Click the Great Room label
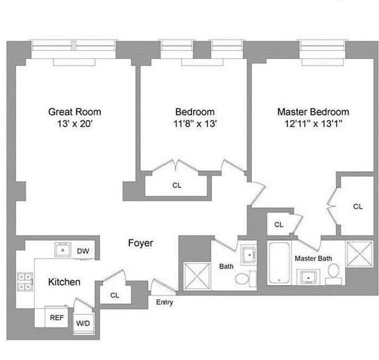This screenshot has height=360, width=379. tap(75, 112)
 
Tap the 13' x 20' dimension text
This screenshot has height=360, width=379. tap(75, 124)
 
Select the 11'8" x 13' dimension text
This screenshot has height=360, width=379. tap(195, 124)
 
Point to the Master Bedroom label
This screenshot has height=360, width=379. tap(313, 112)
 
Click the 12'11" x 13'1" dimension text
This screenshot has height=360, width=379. tap(313, 124)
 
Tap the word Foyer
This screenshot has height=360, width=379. tap(140, 243)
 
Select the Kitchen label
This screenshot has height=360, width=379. tap(64, 282)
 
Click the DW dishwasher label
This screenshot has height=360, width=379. tap(82, 251)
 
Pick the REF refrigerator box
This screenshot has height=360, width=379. tap(56, 317)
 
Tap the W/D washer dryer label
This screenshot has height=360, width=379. tap(82, 323)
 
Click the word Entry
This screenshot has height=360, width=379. tap(164, 302)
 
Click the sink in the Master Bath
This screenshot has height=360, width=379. tap(308, 276)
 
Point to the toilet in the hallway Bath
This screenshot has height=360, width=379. tap(244, 278)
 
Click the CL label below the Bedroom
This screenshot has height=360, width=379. tap(177, 185)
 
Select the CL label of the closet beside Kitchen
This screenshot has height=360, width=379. tap(115, 296)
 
